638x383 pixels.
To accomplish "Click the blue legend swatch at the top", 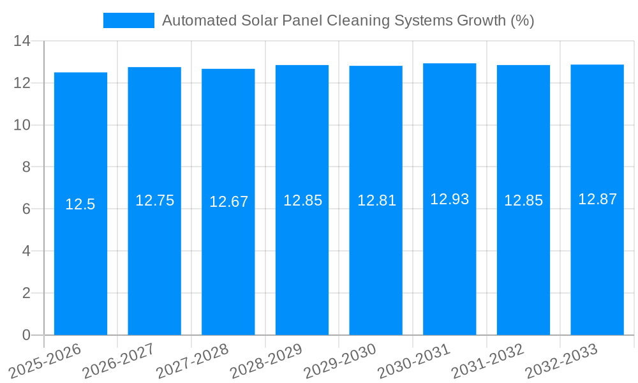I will point(128,20).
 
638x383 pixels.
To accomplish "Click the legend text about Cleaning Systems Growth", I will point(348,20).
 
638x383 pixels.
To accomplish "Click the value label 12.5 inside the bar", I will point(80,204).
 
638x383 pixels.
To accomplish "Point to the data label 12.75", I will point(154,200).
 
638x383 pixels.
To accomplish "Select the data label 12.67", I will point(228,202).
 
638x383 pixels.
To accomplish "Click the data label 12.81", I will point(376,200).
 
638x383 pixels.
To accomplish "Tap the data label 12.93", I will point(449,199).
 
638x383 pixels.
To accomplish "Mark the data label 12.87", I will point(597,199).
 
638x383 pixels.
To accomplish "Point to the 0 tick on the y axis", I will point(26,335).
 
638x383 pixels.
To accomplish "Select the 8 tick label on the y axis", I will point(26,167).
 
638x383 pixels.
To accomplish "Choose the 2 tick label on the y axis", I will point(26,293).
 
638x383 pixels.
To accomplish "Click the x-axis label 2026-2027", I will point(119,360).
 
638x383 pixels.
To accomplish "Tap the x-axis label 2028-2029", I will point(266,360).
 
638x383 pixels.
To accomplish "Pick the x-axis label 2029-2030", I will point(340,360).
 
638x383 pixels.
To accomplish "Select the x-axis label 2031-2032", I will point(487,360).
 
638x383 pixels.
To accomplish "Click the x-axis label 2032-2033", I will point(561,360).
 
